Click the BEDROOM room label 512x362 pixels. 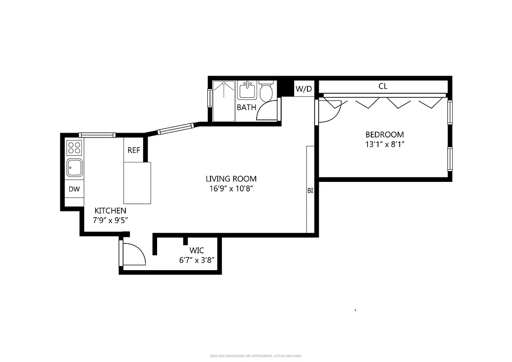(x=384, y=134)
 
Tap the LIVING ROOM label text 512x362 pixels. (x=231, y=179)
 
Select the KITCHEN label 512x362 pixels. (x=110, y=211)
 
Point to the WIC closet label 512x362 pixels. (x=196, y=250)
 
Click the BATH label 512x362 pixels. (x=246, y=108)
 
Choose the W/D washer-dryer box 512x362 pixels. (x=304, y=89)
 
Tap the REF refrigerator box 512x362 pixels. (x=134, y=150)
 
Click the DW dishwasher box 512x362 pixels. (x=74, y=189)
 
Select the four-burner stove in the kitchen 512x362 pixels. (x=74, y=148)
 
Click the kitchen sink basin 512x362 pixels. (x=74, y=168)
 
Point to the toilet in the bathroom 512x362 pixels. (x=266, y=91)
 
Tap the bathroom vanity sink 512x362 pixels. (x=247, y=90)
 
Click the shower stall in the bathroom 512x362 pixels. (x=224, y=101)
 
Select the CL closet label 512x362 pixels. (x=383, y=86)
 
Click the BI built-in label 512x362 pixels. (x=310, y=191)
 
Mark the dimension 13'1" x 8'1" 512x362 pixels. (x=384, y=145)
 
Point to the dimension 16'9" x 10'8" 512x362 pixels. (x=231, y=189)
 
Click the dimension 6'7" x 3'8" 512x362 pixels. (x=196, y=260)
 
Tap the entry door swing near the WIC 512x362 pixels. (x=133, y=254)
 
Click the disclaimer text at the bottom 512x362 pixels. (x=256, y=356)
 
